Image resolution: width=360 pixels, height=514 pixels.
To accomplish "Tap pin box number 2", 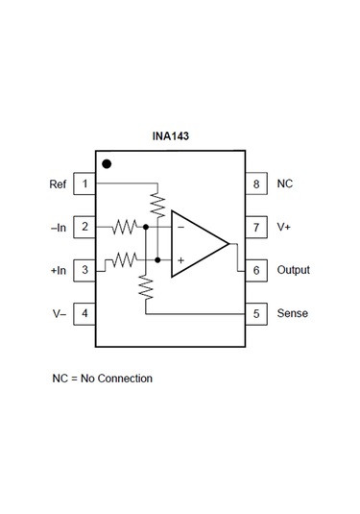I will pyautogui.click(x=84, y=228).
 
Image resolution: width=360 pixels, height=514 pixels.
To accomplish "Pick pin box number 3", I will pyautogui.click(x=84, y=270).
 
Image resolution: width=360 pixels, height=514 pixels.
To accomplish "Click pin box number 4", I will pyautogui.click(x=84, y=313).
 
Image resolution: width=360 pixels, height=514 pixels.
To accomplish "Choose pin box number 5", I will pyautogui.click(x=256, y=313).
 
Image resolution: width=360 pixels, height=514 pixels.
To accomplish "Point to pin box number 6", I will pyautogui.click(x=256, y=270).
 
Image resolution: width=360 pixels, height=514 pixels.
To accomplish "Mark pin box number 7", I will pyautogui.click(x=256, y=228).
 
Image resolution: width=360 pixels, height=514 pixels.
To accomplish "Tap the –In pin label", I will pyautogui.click(x=57, y=228).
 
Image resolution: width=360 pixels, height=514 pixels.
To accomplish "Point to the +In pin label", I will pyautogui.click(x=57, y=270).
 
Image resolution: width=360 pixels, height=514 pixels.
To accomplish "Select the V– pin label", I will pyautogui.click(x=59, y=313).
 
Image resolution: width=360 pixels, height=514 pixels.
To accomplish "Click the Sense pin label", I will pyautogui.click(x=292, y=313).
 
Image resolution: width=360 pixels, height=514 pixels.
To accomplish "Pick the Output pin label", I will pyautogui.click(x=293, y=270).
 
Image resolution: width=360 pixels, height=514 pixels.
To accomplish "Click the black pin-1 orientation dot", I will pyautogui.click(x=107, y=164).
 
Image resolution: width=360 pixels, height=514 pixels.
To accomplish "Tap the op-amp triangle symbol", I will pyautogui.click(x=197, y=244).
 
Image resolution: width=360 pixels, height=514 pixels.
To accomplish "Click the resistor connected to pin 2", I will pyautogui.click(x=125, y=228).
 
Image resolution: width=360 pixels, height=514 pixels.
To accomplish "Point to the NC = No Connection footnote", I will pyautogui.click(x=102, y=378).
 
